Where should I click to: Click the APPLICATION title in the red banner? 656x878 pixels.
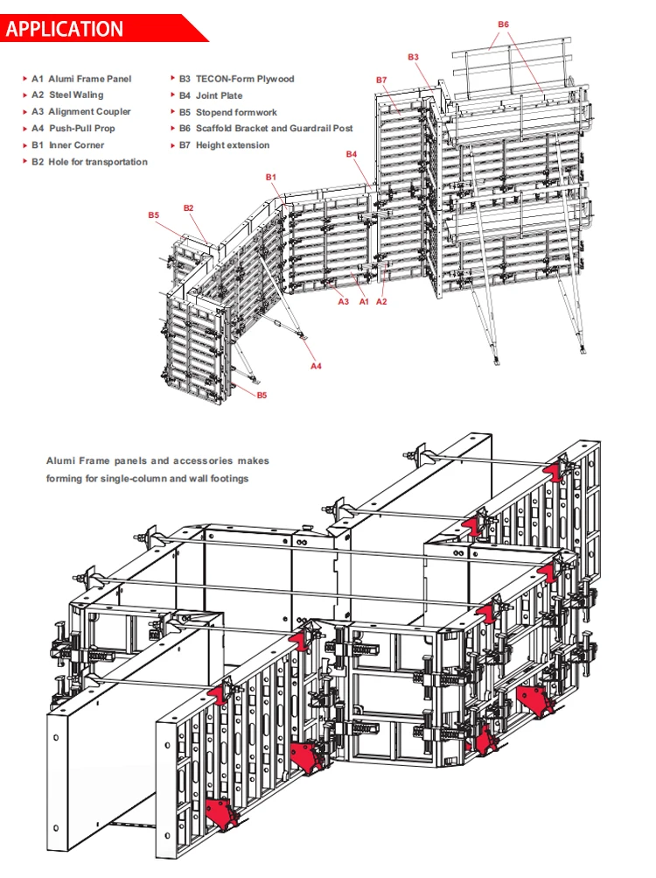point(66,29)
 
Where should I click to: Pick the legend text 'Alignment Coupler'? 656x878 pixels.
point(89,112)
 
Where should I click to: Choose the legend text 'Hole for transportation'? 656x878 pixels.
point(98,162)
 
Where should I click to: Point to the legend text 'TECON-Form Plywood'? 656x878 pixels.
point(245,79)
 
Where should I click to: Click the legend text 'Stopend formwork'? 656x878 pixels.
point(236,112)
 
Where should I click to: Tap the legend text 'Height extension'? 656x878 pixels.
point(233,145)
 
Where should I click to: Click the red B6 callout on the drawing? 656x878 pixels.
point(503,25)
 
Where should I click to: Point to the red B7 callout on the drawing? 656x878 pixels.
point(381,80)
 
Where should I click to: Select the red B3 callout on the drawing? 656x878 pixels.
point(413,56)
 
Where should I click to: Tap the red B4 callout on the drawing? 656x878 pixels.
point(352,154)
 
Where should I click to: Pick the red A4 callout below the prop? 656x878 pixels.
point(317,366)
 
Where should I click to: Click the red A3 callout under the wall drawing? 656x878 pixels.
point(344,301)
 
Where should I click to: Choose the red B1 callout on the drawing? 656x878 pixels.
point(271,177)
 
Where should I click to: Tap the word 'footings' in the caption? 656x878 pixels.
point(229,478)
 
